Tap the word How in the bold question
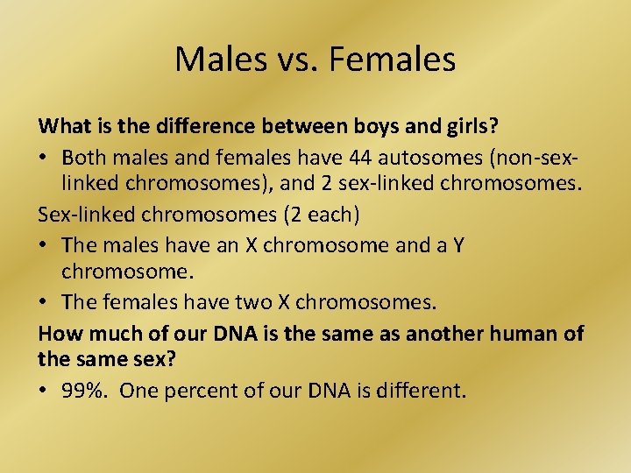pyautogui.click(x=58, y=334)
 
